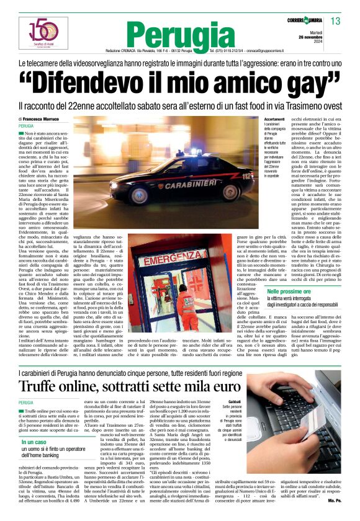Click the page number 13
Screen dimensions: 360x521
coord(336,22)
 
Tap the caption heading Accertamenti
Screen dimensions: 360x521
coord(257,118)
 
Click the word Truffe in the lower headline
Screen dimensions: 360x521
coord(45,368)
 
